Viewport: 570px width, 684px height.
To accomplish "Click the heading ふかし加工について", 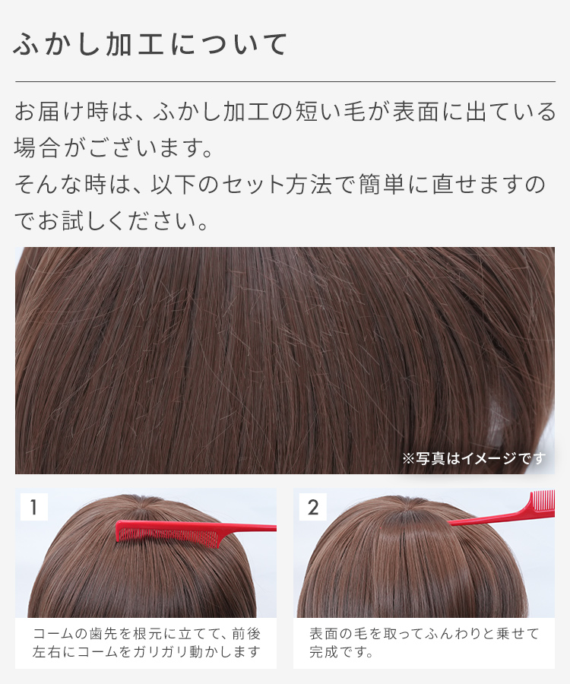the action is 150,44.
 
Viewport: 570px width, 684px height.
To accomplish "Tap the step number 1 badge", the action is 34,507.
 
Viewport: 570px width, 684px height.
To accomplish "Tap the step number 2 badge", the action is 312,507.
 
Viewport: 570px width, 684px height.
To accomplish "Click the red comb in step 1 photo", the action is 195,531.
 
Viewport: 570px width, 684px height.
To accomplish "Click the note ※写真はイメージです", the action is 473,458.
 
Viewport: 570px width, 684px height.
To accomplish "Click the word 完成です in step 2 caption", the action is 341,652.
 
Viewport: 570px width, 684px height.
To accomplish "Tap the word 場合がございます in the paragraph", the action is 113,147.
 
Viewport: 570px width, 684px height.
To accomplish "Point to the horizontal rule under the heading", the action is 285,81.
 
